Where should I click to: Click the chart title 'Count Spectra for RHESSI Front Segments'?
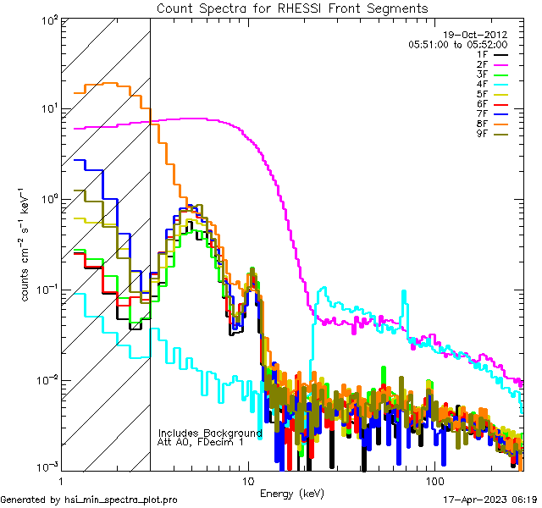(292, 8)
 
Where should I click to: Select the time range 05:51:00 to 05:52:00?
(457, 44)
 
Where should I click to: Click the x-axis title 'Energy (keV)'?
(291, 493)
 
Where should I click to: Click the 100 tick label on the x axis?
(434, 480)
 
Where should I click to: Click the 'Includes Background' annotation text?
(210, 433)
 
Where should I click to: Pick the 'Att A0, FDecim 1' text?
(201, 442)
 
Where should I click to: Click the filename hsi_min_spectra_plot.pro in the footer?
(120, 500)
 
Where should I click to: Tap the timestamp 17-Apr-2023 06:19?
(490, 500)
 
